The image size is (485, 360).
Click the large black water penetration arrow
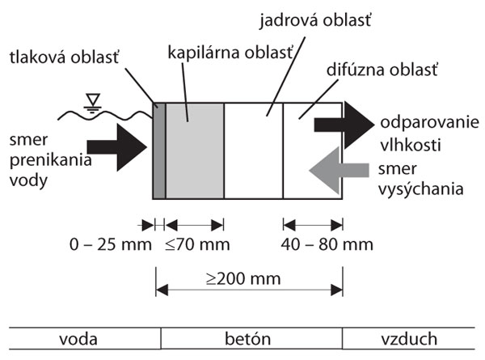(x=116, y=152)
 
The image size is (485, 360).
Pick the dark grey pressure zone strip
(x=159, y=150)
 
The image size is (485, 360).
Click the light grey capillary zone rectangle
(x=194, y=150)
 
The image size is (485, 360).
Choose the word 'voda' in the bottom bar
(x=78, y=339)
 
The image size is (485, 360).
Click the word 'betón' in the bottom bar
(x=250, y=339)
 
